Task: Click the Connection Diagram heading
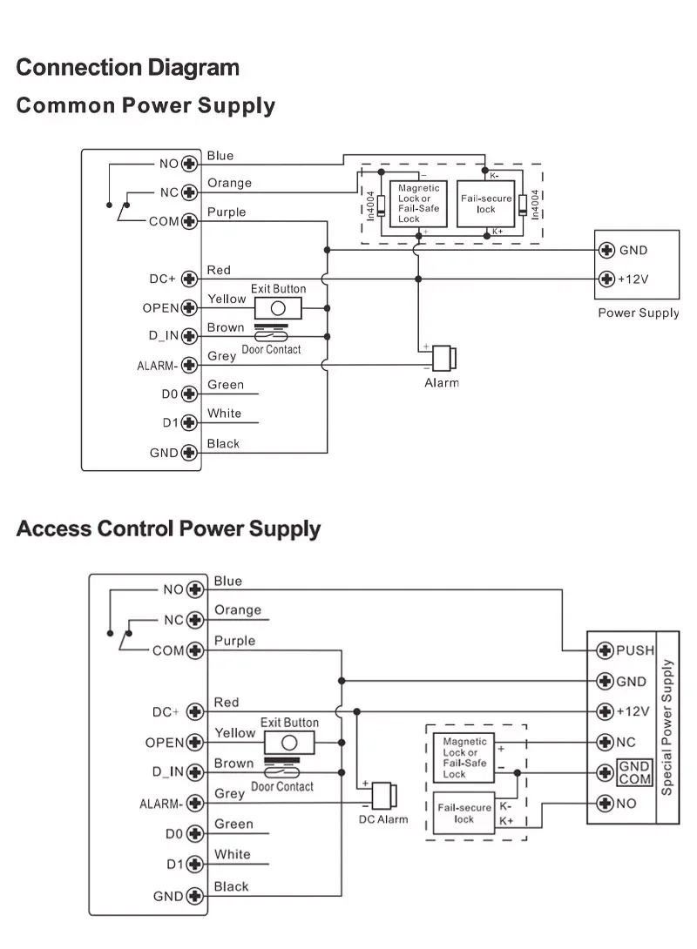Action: pyautogui.click(x=127, y=67)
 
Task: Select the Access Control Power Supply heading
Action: pyautogui.click(x=168, y=528)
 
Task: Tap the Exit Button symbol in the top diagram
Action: pyautogui.click(x=278, y=308)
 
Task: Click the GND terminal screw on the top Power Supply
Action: pyautogui.click(x=607, y=251)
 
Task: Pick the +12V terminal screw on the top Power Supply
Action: pyautogui.click(x=607, y=279)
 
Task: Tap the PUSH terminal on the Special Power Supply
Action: pyautogui.click(x=605, y=650)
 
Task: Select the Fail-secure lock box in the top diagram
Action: pyautogui.click(x=486, y=205)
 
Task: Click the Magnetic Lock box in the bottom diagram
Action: pyautogui.click(x=464, y=758)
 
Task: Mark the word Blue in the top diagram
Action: pyautogui.click(x=220, y=156)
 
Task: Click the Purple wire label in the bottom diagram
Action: pyautogui.click(x=234, y=641)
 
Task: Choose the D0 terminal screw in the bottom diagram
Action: pyautogui.click(x=195, y=834)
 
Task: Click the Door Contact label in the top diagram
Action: pyautogui.click(x=271, y=349)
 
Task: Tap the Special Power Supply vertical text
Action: pyautogui.click(x=667, y=728)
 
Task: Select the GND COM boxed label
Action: pyautogui.click(x=634, y=773)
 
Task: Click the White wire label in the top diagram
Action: pyautogui.click(x=224, y=414)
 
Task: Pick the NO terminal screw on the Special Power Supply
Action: pyautogui.click(x=605, y=804)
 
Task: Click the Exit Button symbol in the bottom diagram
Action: pyautogui.click(x=289, y=744)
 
